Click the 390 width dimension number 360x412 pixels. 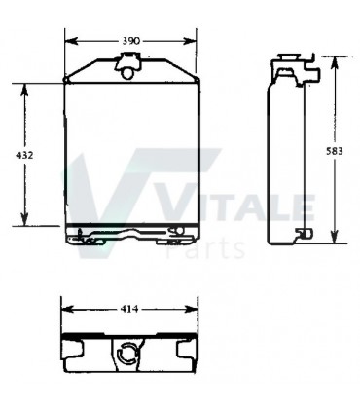pyautogui.click(x=130, y=40)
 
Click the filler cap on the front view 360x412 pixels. pyautogui.click(x=126, y=66)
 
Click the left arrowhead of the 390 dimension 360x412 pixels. pyautogui.click(x=68, y=40)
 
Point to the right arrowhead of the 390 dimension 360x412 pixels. pyautogui.click(x=192, y=40)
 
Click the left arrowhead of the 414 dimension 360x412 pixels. pyautogui.click(x=65, y=310)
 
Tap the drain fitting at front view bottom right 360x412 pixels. pyautogui.click(x=175, y=231)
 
